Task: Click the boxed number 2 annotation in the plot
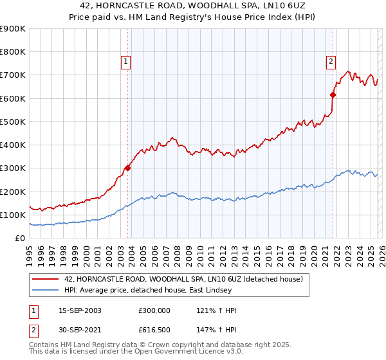point(331,62)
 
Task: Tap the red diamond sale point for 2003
point(128,168)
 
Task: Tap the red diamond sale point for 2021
point(333,94)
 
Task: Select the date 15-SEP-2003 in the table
point(75,310)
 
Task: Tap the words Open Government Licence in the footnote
point(180,352)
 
